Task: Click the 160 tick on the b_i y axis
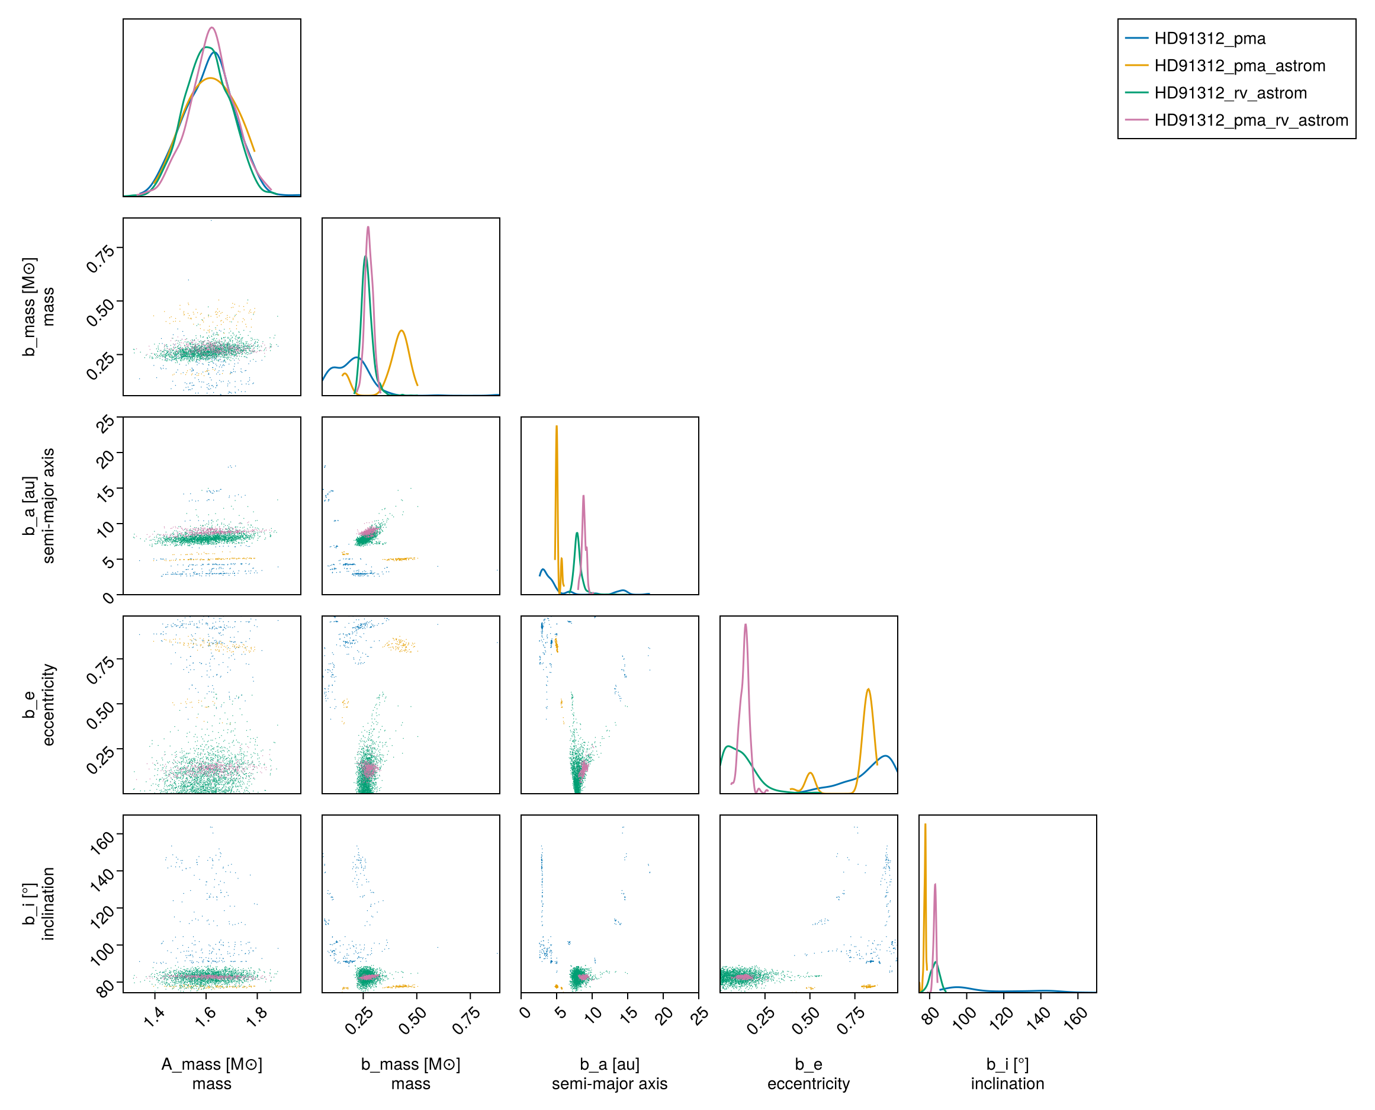click(x=102, y=842)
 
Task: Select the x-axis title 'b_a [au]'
click(x=609, y=1064)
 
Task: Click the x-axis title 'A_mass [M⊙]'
click(x=211, y=1064)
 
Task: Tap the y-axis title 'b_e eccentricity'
click(x=39, y=704)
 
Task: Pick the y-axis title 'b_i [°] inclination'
click(x=39, y=903)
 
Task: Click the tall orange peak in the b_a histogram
click(x=557, y=426)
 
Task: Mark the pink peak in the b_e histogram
click(x=746, y=625)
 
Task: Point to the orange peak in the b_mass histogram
click(x=401, y=331)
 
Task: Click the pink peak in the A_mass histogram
click(x=211, y=27)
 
